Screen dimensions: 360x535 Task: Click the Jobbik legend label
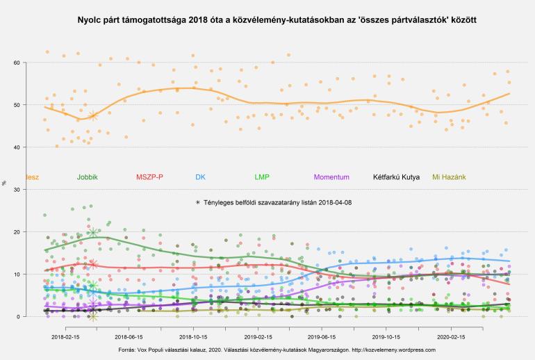click(88, 177)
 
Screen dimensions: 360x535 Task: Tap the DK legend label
click(200, 177)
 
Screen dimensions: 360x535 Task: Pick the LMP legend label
click(263, 177)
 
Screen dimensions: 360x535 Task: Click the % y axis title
click(4, 183)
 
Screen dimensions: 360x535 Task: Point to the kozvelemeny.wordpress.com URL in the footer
click(393, 350)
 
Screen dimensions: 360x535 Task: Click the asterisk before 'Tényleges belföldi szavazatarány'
click(198, 202)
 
